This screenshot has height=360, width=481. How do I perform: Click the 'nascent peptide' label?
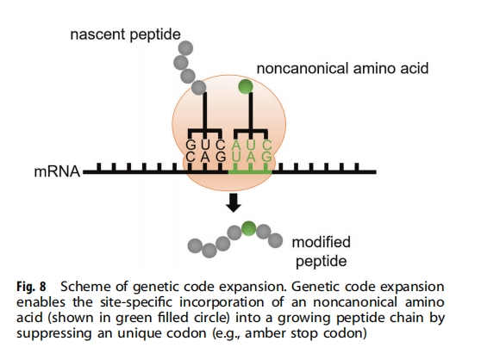[x=125, y=34]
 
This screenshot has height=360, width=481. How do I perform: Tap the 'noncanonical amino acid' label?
[x=342, y=68]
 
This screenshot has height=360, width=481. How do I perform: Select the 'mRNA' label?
[x=57, y=171]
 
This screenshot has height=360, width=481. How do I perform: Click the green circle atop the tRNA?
[x=246, y=86]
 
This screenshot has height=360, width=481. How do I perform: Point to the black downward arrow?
[x=234, y=202]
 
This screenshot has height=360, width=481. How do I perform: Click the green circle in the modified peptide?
[x=248, y=228]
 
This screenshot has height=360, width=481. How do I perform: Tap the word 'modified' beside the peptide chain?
[x=322, y=242]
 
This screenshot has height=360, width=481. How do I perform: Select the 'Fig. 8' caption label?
[x=31, y=287]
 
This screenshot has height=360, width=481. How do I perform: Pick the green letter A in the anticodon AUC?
[x=236, y=145]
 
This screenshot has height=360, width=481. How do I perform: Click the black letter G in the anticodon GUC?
[x=191, y=145]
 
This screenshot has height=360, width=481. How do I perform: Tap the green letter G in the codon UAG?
[x=266, y=157]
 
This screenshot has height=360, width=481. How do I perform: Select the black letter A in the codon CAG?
[x=205, y=158]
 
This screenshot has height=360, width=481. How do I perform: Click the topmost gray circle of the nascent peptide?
[x=185, y=48]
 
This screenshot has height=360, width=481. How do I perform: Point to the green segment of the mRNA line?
[x=250, y=172]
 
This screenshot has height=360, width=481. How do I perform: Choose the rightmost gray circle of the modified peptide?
[x=275, y=240]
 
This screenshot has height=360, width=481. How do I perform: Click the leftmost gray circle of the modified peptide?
[x=195, y=245]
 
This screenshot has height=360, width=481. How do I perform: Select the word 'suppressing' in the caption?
[x=54, y=333]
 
